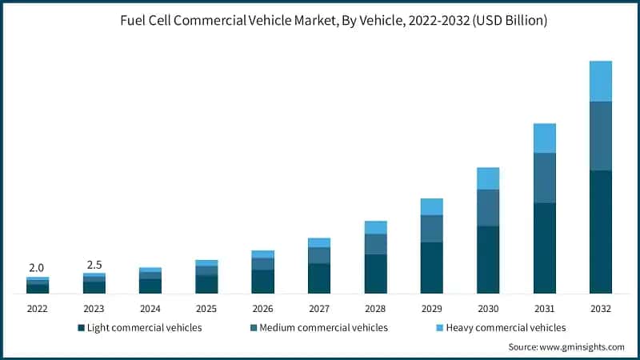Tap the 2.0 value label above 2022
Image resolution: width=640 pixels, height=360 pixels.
37,268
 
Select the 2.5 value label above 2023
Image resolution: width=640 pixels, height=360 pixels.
94,265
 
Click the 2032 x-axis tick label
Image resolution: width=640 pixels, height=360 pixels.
600,308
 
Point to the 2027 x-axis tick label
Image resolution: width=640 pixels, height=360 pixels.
318,308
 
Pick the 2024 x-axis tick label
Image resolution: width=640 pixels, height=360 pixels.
150,308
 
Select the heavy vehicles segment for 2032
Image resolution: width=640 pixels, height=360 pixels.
600,81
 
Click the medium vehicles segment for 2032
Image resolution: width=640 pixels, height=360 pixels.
600,136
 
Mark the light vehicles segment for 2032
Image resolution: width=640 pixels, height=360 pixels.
600,232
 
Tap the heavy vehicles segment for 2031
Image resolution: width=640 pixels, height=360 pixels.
544,138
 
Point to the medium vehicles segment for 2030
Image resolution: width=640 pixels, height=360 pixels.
488,208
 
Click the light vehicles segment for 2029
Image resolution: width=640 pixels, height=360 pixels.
431,268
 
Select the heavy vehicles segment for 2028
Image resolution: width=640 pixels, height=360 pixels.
375,227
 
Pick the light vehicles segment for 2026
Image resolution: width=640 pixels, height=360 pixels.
262,282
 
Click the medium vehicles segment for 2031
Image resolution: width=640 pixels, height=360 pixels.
544,178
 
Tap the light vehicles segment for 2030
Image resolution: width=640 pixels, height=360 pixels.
488,260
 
